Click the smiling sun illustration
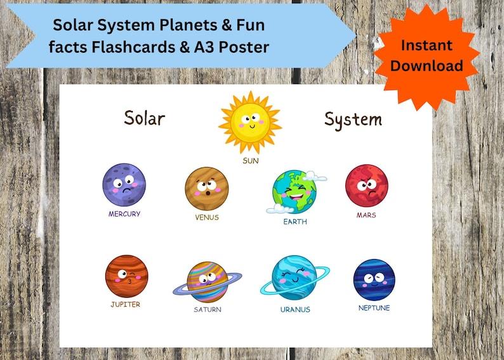[250, 123]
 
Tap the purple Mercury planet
[124, 185]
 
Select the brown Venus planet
[206, 189]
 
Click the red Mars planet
[366, 186]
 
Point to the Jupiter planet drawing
[126, 276]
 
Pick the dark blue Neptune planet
[374, 280]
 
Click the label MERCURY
[124, 214]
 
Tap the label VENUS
[207, 217]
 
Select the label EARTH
[295, 222]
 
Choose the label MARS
[366, 215]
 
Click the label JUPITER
[125, 304]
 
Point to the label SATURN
[207, 309]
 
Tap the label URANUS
[295, 309]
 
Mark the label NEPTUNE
[374, 308]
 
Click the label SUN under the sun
[251, 161]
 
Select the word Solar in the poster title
[144, 118]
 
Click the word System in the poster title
[353, 119]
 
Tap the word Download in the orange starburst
[427, 65]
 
